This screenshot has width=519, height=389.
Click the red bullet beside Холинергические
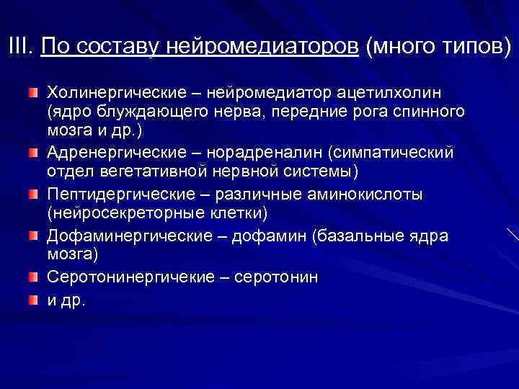33,94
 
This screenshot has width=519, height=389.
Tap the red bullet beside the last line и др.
33,298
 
